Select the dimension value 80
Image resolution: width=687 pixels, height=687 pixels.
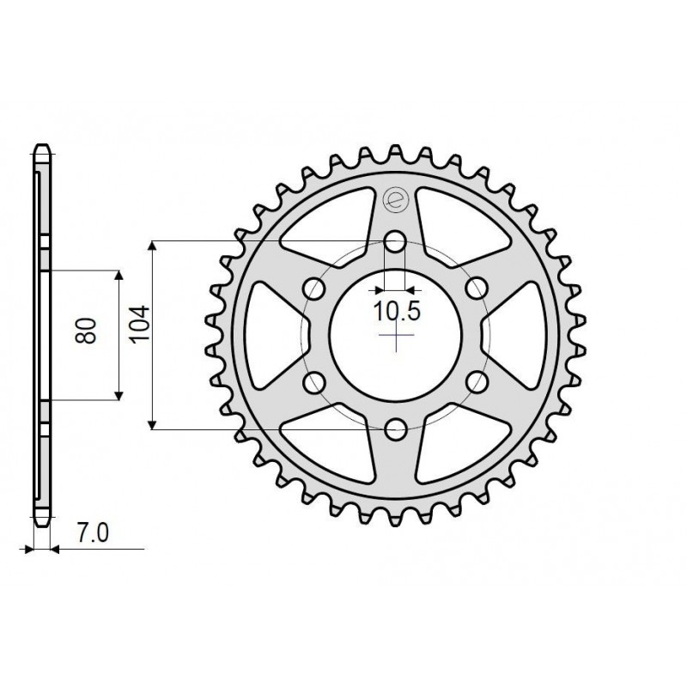pos(86,331)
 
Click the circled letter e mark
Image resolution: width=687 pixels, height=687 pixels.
pos(395,201)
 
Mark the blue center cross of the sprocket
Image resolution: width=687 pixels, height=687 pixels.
pos(395,336)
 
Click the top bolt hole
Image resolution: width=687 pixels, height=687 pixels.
pos(395,243)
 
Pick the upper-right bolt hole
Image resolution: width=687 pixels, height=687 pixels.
pos(475,289)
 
